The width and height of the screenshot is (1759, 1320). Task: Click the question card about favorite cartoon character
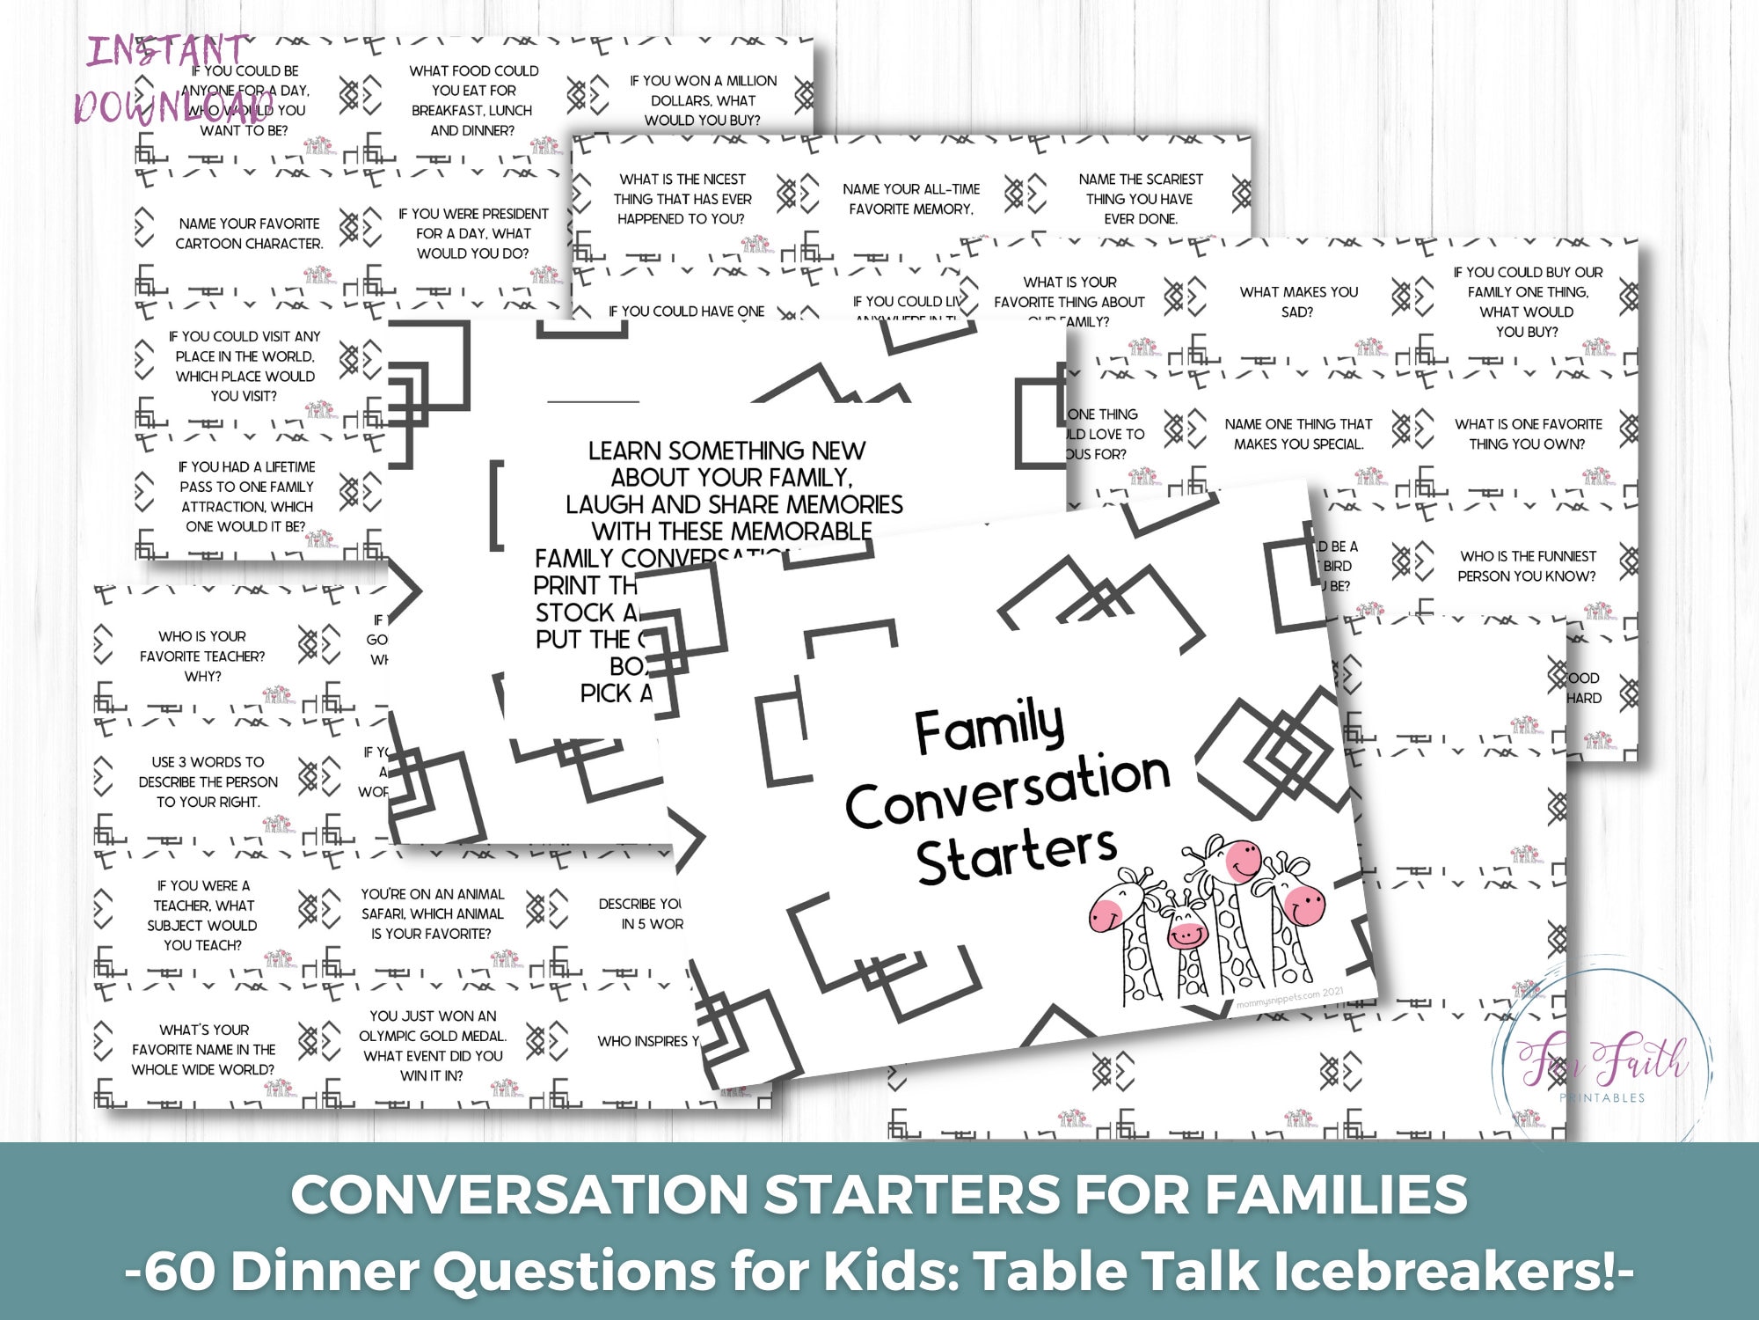(x=249, y=234)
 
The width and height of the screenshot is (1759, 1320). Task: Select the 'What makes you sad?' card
(x=1298, y=302)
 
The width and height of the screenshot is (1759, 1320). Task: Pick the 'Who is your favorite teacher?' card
(x=202, y=656)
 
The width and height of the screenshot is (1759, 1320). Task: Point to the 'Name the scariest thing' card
(x=1141, y=199)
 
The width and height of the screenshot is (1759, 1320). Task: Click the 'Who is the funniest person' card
(x=1527, y=567)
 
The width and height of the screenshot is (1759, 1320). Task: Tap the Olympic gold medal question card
(x=433, y=1045)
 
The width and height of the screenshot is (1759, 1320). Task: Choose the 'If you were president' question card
(x=473, y=234)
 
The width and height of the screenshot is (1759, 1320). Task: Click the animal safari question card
(x=432, y=913)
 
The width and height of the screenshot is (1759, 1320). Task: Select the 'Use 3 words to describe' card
(x=208, y=781)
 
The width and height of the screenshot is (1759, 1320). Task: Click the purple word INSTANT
(x=167, y=51)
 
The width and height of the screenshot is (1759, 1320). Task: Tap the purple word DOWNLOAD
(x=172, y=107)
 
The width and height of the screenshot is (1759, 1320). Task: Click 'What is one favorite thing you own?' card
(x=1528, y=434)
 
